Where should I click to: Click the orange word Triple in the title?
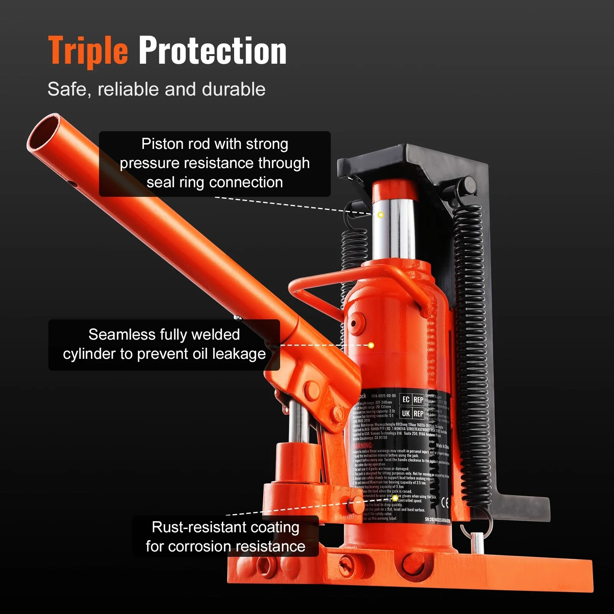click(x=87, y=51)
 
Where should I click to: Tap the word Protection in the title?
click(x=212, y=51)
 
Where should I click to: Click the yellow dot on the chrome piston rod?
click(x=380, y=215)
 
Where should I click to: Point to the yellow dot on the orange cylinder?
click(x=371, y=345)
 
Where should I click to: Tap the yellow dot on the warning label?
click(x=395, y=498)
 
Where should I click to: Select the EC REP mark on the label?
click(x=413, y=399)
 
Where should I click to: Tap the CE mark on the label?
click(x=445, y=503)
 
